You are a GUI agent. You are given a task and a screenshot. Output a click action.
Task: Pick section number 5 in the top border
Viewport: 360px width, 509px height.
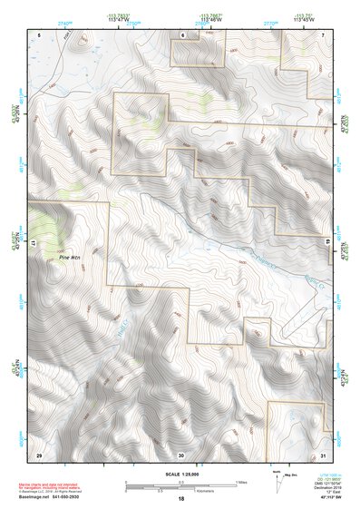tap(39, 34)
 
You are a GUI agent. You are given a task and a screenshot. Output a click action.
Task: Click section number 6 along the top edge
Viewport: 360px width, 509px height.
tap(181, 34)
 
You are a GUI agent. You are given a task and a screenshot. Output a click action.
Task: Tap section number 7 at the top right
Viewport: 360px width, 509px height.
tap(323, 34)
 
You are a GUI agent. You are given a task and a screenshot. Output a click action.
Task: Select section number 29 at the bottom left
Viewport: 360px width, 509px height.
tap(39, 454)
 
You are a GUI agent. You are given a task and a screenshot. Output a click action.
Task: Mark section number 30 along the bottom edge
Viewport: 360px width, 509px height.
tap(181, 454)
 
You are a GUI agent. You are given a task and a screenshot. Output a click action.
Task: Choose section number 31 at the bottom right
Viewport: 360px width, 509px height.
tap(323, 454)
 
